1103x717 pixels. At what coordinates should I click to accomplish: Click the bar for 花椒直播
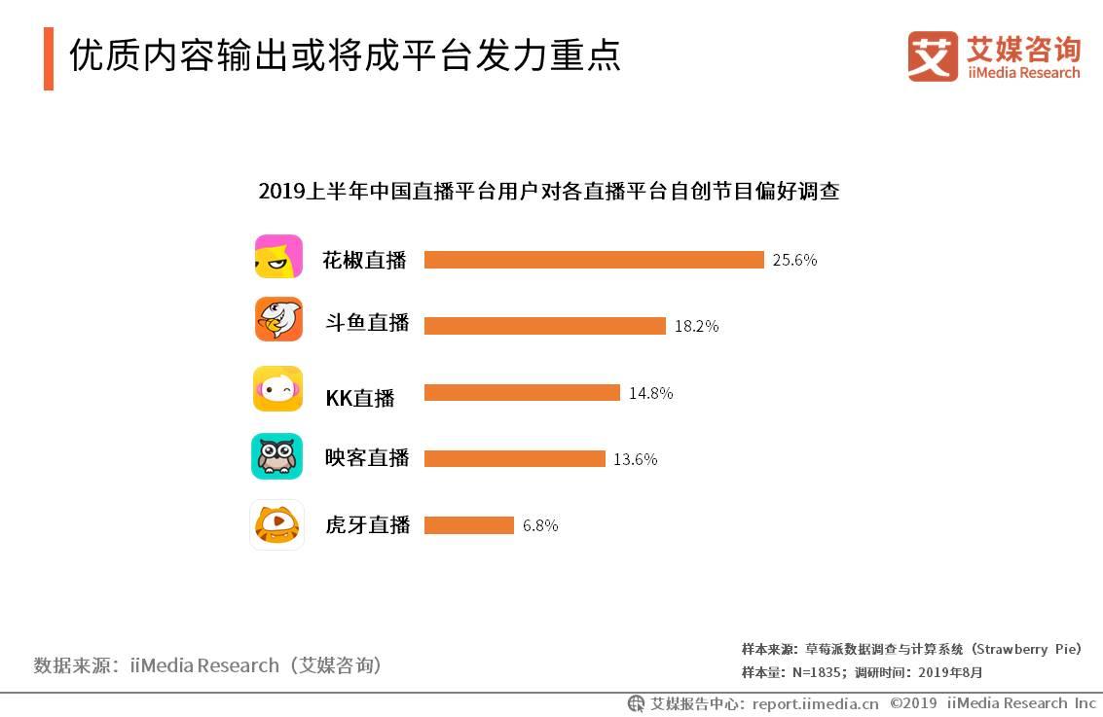[594, 260]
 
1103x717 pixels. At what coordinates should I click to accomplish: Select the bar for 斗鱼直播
[545, 326]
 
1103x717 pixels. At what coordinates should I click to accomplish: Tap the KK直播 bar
[522, 393]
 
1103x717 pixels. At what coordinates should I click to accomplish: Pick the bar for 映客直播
[515, 458]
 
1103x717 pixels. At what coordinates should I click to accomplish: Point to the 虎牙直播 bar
[469, 525]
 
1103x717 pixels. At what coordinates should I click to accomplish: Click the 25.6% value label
[794, 260]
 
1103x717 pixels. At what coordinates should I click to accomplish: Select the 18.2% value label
[696, 326]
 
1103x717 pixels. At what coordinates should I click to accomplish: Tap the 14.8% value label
[650, 393]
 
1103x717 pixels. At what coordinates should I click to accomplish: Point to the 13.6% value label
[635, 459]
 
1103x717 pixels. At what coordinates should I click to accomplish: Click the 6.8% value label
[540, 525]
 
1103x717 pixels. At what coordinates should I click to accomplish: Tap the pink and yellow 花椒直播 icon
[278, 257]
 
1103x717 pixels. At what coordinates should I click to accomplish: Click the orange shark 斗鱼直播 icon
[278, 319]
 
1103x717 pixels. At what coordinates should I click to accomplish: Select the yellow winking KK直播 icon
[278, 389]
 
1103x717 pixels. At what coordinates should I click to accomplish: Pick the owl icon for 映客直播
[277, 456]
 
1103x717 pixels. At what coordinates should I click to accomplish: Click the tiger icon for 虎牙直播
[277, 524]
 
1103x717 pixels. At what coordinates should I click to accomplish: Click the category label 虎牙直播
[367, 525]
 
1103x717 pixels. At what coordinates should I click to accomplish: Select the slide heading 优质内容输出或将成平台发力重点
[345, 55]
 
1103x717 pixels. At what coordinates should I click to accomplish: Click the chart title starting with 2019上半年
[548, 191]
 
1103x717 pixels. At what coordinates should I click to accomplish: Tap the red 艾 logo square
[933, 55]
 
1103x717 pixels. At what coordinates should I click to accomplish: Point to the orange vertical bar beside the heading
[49, 58]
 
